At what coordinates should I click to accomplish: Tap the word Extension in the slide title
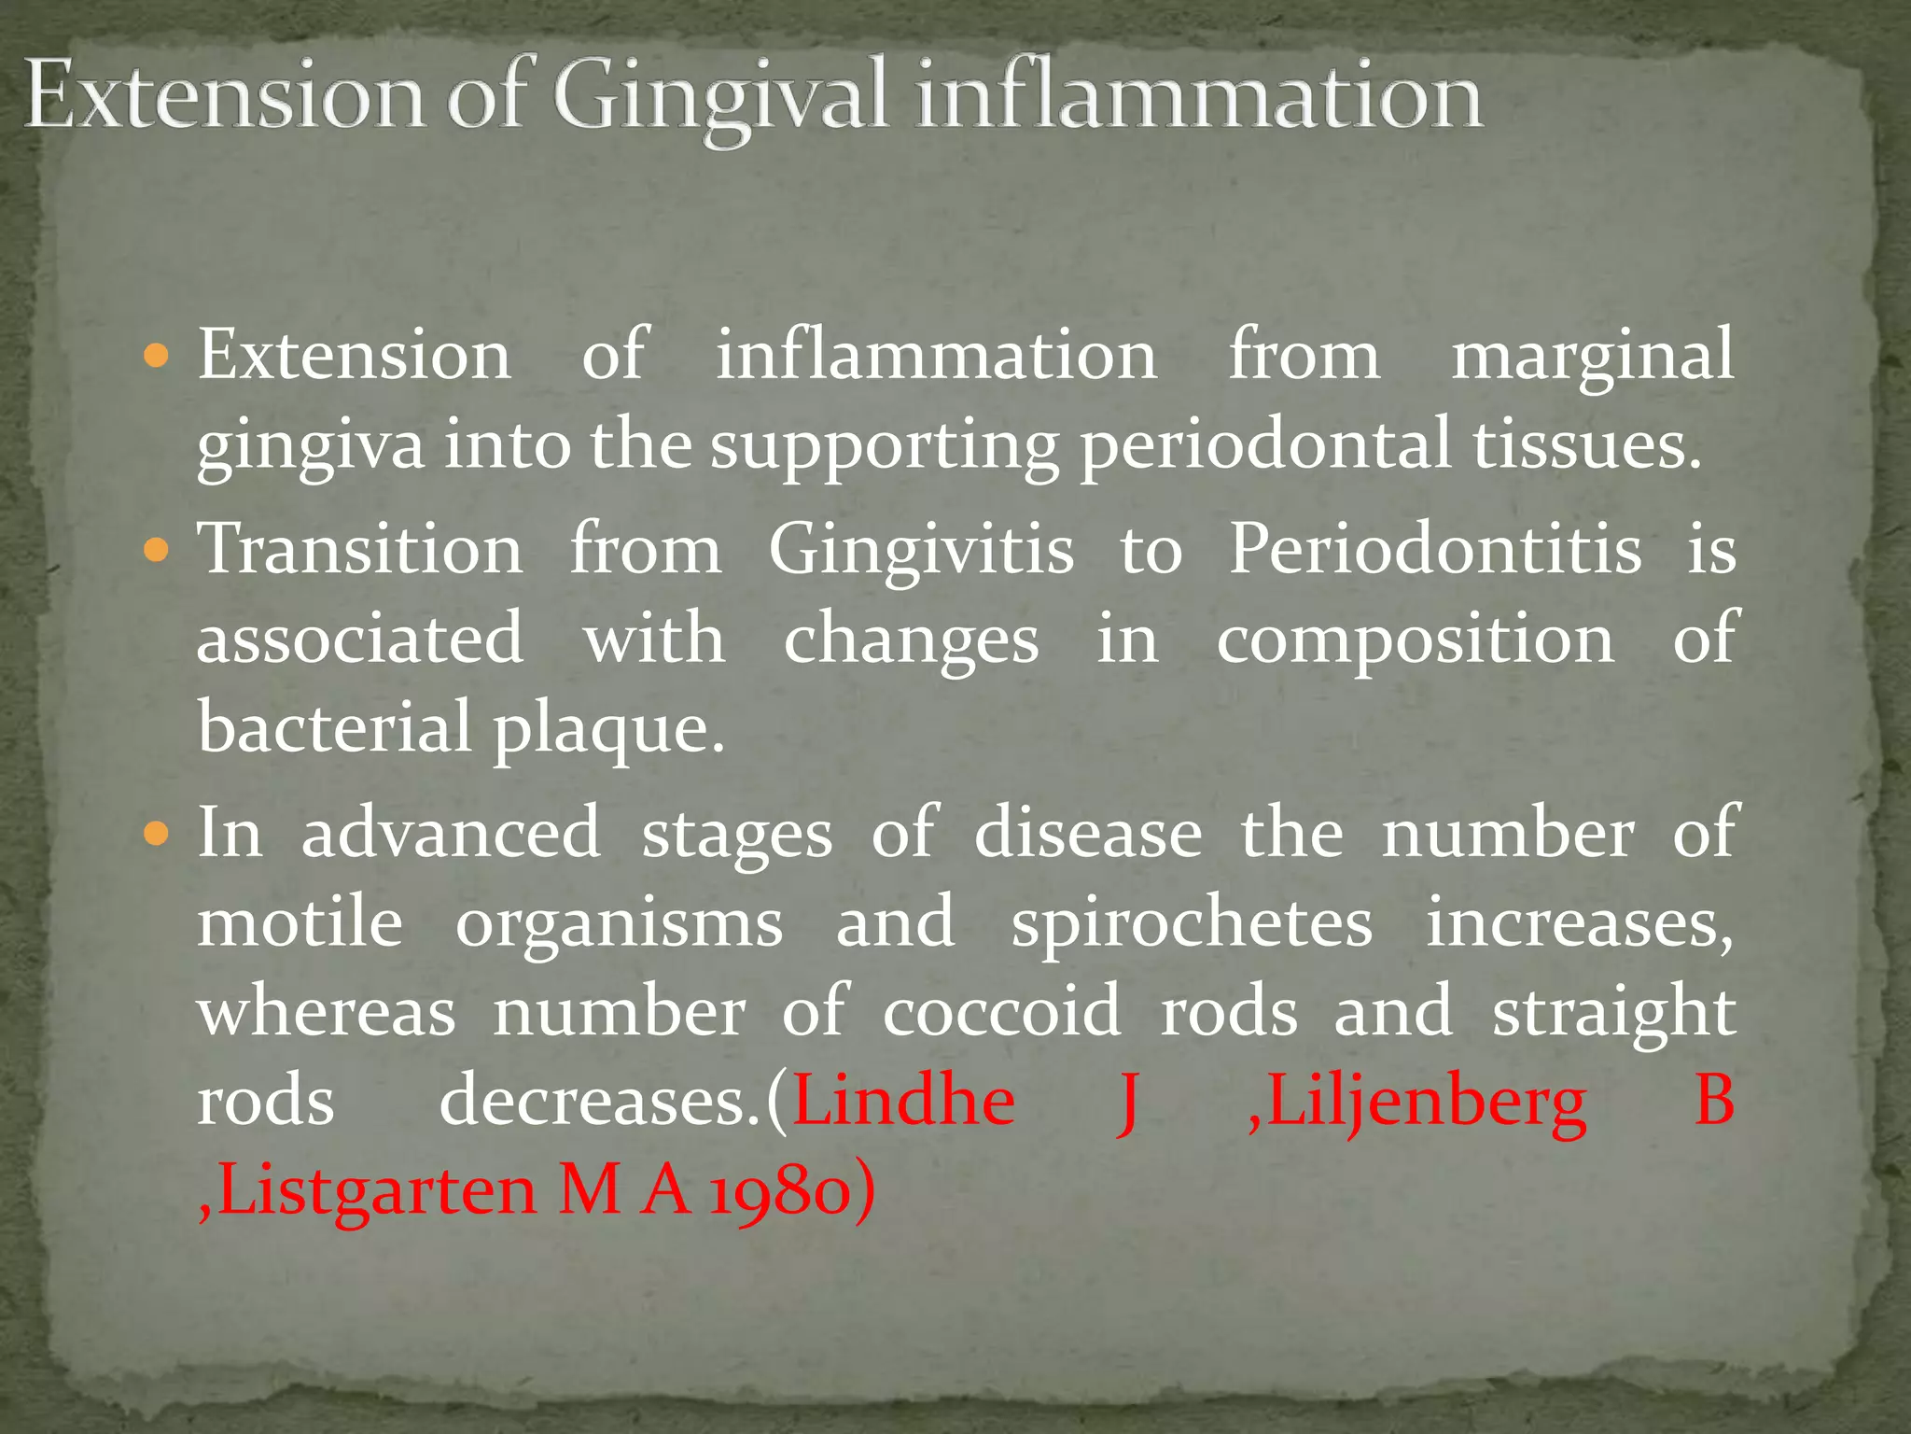pyautogui.click(x=224, y=96)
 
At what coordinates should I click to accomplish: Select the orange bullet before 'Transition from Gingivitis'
pyautogui.click(x=157, y=551)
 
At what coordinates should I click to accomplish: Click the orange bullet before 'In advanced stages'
pyautogui.click(x=157, y=834)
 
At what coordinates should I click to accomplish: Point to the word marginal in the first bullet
pyautogui.click(x=1592, y=358)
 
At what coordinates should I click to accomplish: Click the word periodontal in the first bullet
pyautogui.click(x=1265, y=446)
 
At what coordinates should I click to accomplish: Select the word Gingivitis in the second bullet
pyautogui.click(x=921, y=550)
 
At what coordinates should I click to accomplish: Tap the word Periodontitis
pyautogui.click(x=1434, y=550)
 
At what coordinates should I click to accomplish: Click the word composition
pyautogui.click(x=1415, y=641)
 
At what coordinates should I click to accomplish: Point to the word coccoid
pyautogui.click(x=1001, y=1012)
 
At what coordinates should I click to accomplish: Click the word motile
pyautogui.click(x=300, y=922)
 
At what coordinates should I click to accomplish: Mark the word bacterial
pyautogui.click(x=334, y=728)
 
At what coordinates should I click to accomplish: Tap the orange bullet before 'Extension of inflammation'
pyautogui.click(x=157, y=356)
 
